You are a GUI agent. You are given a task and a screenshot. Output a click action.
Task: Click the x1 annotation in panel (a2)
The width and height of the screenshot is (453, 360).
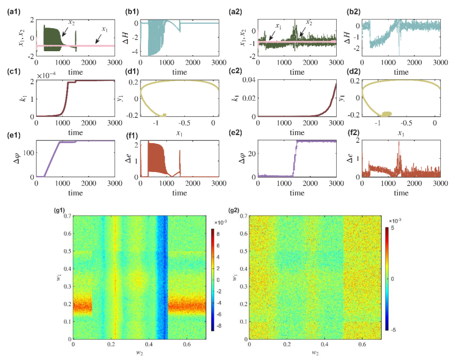click(279, 25)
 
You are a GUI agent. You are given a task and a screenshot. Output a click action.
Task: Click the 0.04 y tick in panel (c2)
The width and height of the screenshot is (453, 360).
click(250, 81)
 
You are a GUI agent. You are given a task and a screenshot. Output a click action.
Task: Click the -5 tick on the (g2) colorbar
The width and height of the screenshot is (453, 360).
click(392, 328)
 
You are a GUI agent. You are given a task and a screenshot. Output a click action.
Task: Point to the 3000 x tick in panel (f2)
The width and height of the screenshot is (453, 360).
click(440, 185)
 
